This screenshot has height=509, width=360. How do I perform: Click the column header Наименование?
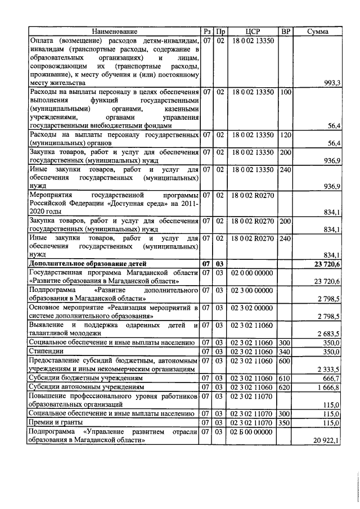[x=114, y=32]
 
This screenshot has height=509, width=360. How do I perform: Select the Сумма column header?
[x=318, y=32]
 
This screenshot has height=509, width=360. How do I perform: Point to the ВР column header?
[x=286, y=32]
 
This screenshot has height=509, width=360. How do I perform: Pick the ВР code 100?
[x=286, y=91]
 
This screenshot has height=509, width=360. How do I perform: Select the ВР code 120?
[x=286, y=135]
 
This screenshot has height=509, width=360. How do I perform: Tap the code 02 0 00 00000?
[x=253, y=272]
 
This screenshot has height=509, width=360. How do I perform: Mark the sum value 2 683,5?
[x=328, y=333]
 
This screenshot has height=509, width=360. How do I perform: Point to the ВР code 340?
[x=286, y=351]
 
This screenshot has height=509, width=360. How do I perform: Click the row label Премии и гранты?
[x=57, y=422]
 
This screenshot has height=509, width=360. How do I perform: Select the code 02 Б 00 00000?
[x=253, y=431]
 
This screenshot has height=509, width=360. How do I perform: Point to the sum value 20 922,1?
[x=327, y=440]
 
